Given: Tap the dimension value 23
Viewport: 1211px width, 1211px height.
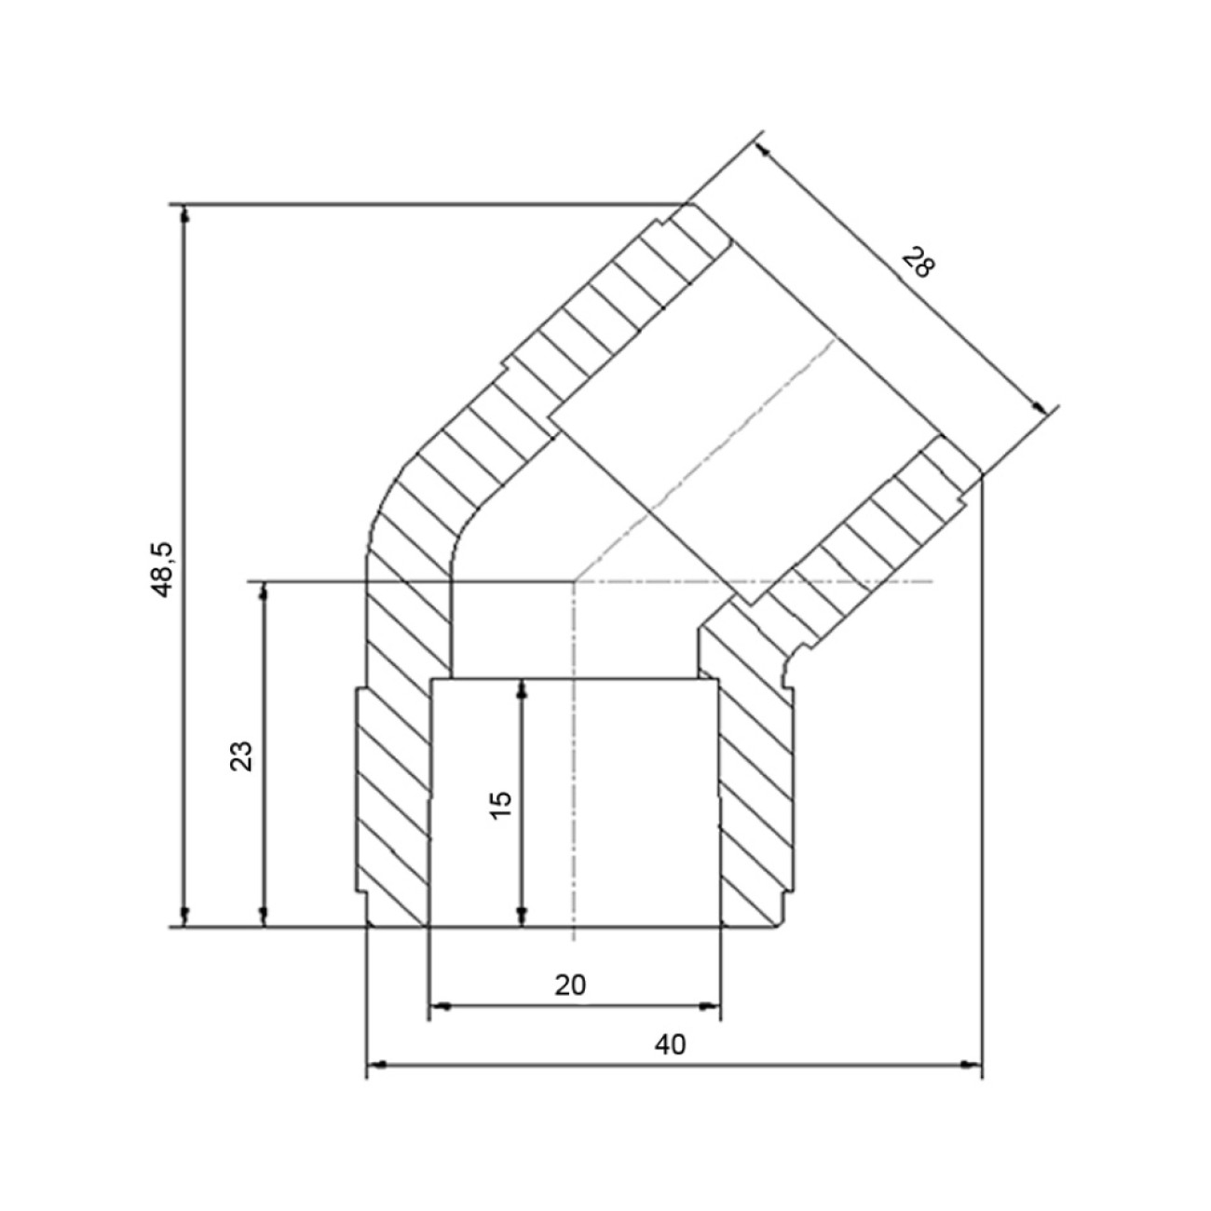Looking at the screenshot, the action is [x=241, y=756].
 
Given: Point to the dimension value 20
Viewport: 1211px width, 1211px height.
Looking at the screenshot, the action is [x=570, y=986].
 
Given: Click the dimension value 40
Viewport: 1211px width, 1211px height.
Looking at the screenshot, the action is [x=671, y=1044].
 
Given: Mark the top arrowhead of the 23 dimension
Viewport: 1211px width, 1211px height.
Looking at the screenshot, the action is [x=265, y=591].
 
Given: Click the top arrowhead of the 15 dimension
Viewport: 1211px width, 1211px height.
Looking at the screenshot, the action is [x=521, y=688].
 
